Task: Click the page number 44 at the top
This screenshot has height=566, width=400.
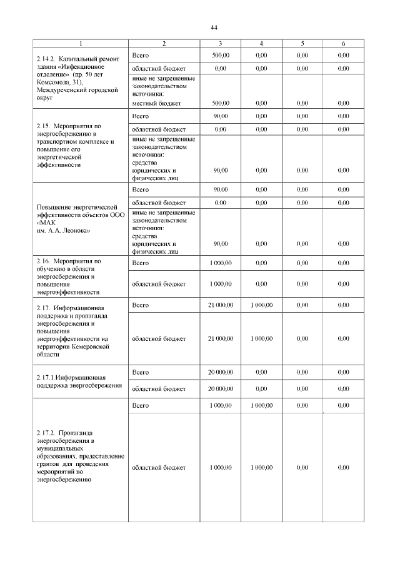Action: tap(213, 28)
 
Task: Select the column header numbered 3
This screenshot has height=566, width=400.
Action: tap(221, 44)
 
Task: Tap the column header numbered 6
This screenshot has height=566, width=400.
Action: tap(343, 44)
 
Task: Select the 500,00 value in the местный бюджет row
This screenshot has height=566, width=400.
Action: tap(221, 103)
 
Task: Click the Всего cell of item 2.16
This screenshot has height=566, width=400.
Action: tap(141, 263)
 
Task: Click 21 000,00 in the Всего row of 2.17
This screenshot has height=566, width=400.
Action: tap(221, 305)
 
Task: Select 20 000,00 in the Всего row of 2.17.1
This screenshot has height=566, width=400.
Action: tap(221, 372)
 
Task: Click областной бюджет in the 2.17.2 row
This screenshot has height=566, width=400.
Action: tap(159, 467)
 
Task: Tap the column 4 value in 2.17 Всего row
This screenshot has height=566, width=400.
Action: tap(261, 305)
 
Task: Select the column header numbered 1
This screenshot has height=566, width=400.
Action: tap(80, 44)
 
